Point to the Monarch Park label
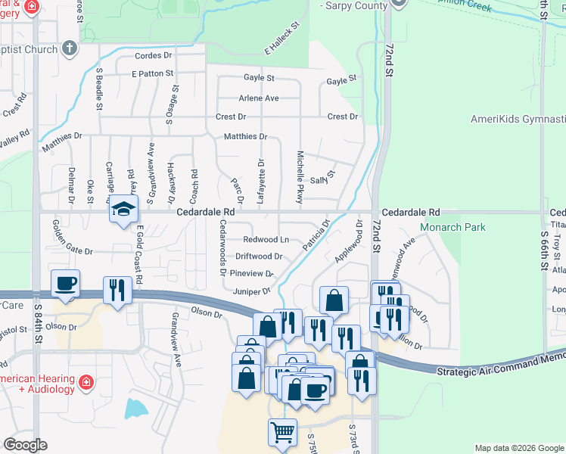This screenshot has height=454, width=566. pyautogui.click(x=453, y=227)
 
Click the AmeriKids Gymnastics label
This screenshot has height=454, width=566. pyautogui.click(x=518, y=120)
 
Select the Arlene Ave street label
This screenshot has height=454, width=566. pyautogui.click(x=259, y=98)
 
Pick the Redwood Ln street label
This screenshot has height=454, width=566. pyautogui.click(x=265, y=239)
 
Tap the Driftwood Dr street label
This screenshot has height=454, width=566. pyautogui.click(x=259, y=257)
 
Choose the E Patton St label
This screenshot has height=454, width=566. pyautogui.click(x=152, y=74)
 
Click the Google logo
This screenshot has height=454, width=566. pyautogui.click(x=25, y=445)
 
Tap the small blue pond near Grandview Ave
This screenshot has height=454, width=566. pyautogui.click(x=137, y=409)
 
